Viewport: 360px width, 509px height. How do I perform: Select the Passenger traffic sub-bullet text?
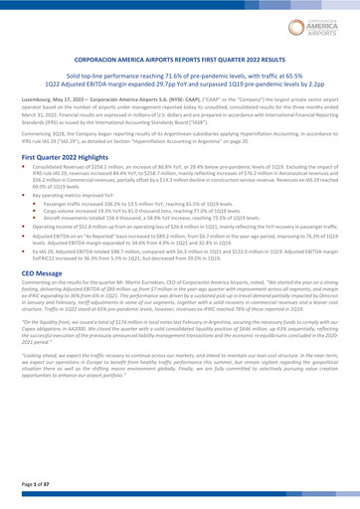point(71,215)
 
